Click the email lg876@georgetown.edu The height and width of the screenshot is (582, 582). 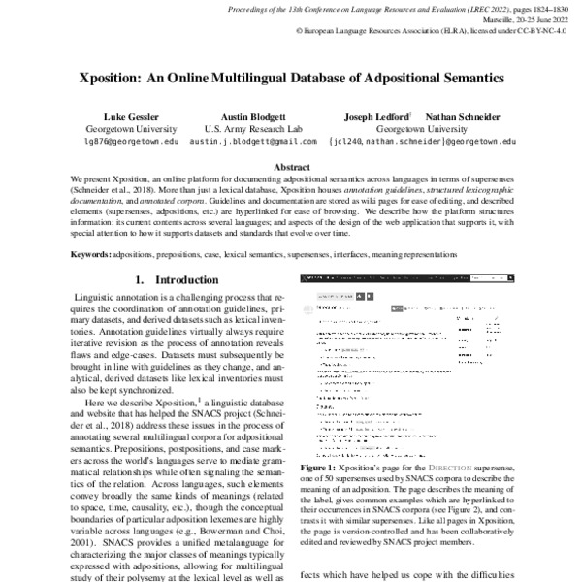[131, 141]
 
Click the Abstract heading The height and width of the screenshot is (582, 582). [291, 167]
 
